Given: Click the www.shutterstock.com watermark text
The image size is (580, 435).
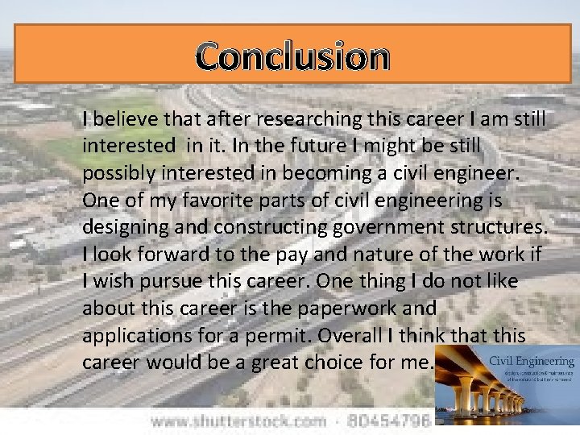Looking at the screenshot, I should [x=238, y=421].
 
